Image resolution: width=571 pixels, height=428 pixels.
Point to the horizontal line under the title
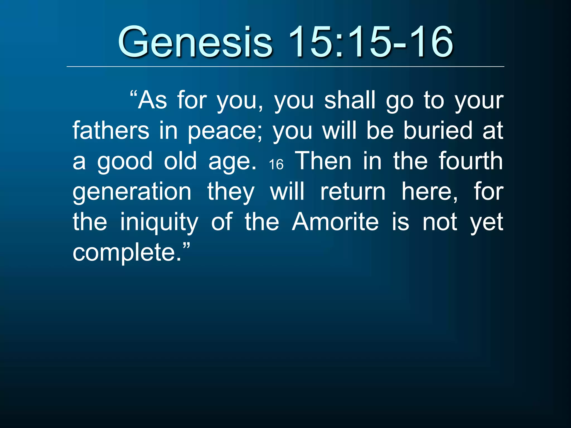(285, 67)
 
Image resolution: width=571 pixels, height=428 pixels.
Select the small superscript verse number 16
(276, 164)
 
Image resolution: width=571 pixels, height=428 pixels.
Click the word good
(125, 162)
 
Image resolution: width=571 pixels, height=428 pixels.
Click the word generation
(132, 192)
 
